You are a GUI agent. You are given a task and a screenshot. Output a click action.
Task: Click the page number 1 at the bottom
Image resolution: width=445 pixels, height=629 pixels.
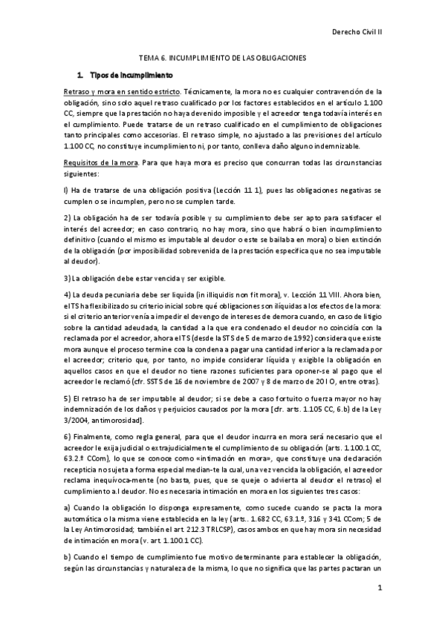379,589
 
